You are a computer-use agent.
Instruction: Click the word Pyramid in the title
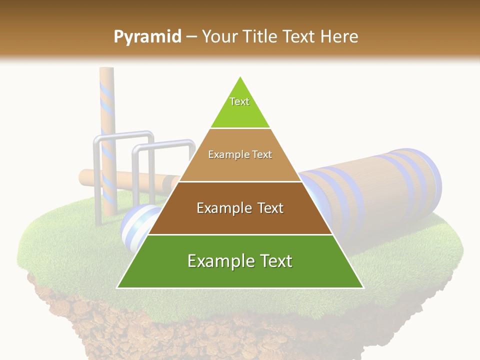click(x=147, y=37)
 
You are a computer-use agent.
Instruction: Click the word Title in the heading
click(x=259, y=36)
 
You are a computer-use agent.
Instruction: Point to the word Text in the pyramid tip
click(x=239, y=101)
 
